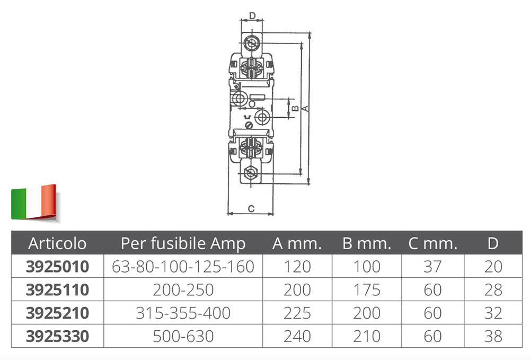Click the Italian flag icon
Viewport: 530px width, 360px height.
tap(34, 203)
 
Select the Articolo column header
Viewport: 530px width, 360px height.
tap(57, 243)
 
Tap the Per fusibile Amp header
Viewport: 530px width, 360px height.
tap(183, 243)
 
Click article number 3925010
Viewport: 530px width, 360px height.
tap(57, 266)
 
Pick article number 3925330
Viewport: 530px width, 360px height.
tap(57, 336)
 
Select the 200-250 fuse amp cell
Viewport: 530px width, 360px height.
tap(183, 289)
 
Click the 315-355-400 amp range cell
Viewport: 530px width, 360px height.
tap(183, 313)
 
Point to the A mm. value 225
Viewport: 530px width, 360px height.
tap(297, 313)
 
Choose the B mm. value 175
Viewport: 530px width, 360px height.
tap(367, 289)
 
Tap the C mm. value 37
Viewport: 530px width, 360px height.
tap(432, 266)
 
